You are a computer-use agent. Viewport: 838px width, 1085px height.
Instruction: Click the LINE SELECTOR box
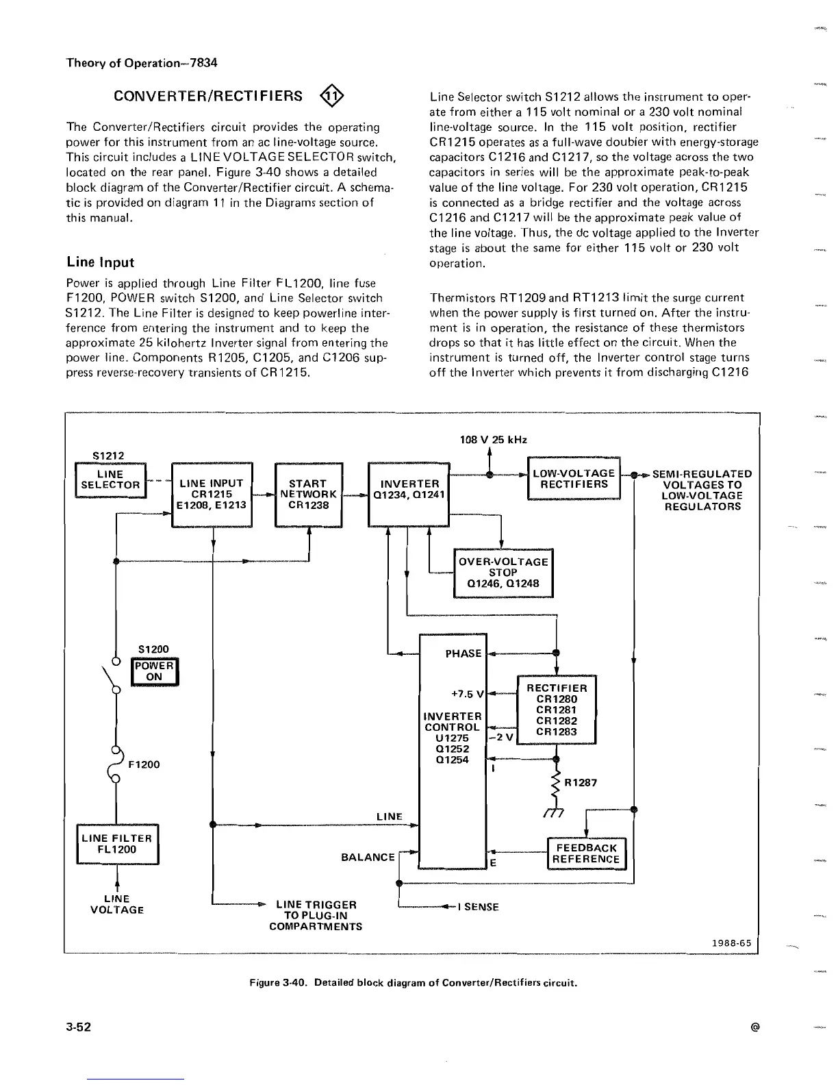[x=110, y=479]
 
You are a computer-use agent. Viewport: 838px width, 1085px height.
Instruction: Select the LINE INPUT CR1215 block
[x=212, y=494]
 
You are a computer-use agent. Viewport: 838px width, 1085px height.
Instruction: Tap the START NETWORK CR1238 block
[x=308, y=494]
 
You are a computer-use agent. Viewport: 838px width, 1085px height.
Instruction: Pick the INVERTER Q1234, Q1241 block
[x=409, y=494]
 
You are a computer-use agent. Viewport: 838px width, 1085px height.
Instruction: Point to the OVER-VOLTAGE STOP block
[x=503, y=573]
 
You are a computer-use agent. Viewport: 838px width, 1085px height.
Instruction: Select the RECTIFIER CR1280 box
[x=557, y=710]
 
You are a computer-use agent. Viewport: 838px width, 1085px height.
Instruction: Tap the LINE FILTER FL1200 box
[x=117, y=844]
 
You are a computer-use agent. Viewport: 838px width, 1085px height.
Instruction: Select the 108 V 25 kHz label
[x=493, y=440]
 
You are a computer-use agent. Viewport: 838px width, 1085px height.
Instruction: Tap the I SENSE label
[x=480, y=907]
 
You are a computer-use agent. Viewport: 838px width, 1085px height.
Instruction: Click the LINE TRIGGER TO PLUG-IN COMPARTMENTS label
[x=316, y=915]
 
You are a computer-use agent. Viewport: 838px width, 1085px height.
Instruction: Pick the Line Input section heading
[x=100, y=262]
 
